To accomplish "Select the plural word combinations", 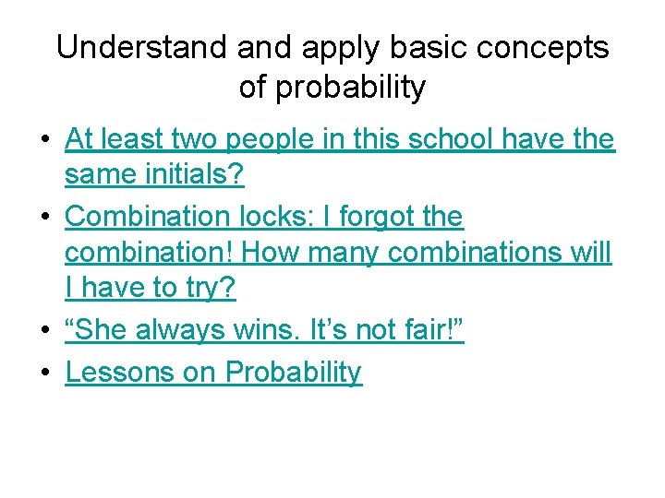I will (473, 253).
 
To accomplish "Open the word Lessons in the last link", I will (122, 372).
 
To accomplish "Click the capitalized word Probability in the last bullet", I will (294, 372).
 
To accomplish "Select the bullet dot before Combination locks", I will (44, 218).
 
